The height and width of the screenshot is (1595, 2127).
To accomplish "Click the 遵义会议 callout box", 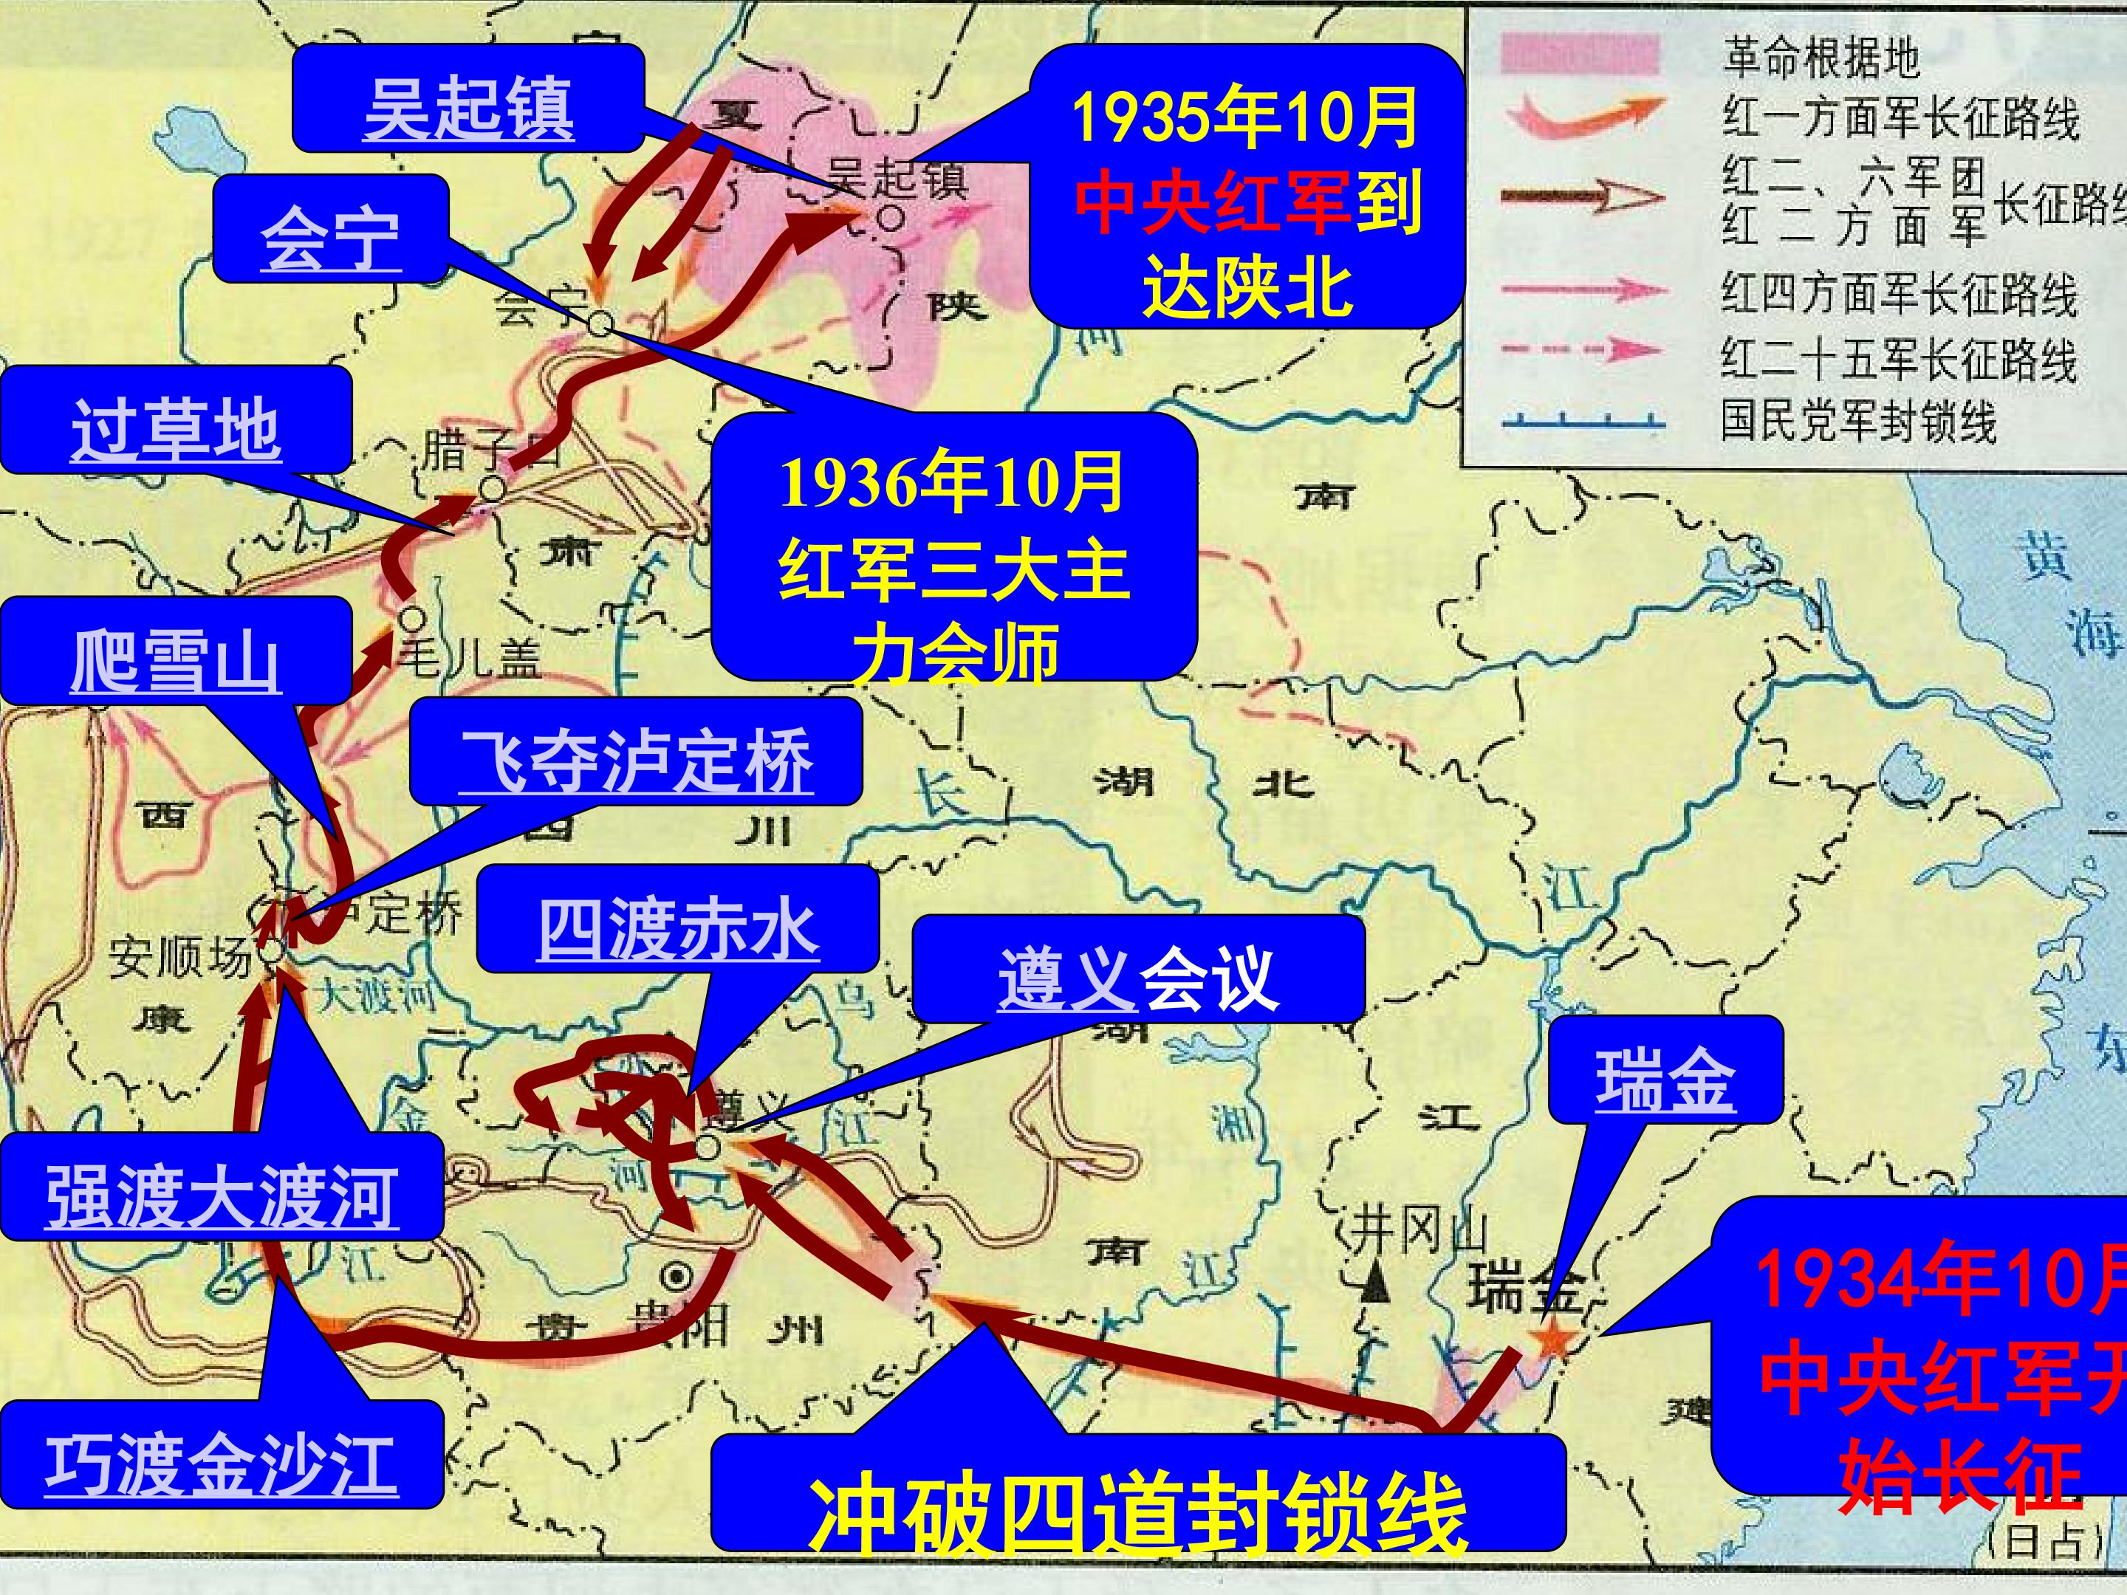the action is (1137, 975).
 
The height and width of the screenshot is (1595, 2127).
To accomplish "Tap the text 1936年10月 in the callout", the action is (952, 483).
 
